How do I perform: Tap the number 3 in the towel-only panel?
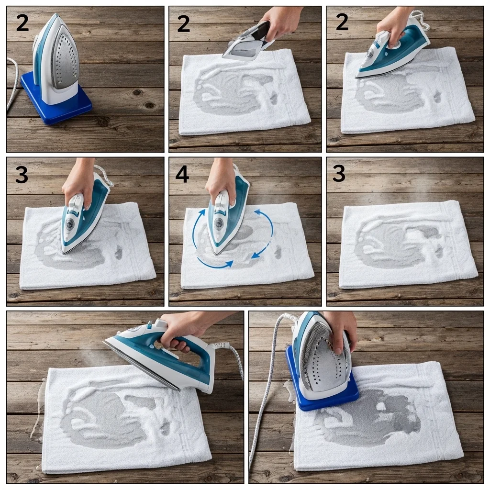(x=339, y=173)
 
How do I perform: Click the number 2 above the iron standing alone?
(x=22, y=23)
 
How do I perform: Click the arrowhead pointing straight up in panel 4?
(x=202, y=213)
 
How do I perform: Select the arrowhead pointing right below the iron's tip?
(x=229, y=264)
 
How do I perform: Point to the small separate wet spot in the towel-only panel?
(x=442, y=249)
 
